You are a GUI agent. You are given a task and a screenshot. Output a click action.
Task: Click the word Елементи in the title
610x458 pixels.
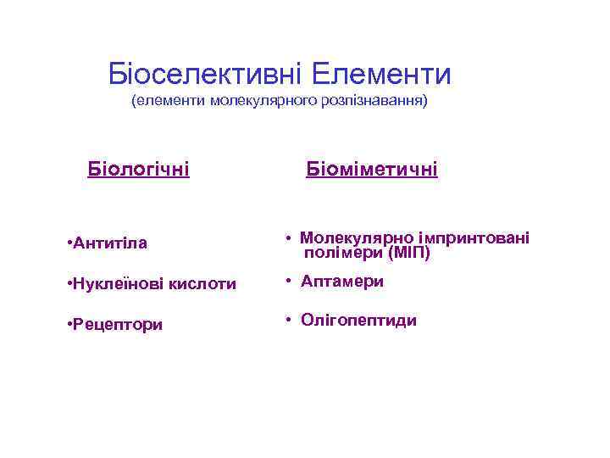380,75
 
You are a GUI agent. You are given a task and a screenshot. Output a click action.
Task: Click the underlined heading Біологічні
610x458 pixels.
138,170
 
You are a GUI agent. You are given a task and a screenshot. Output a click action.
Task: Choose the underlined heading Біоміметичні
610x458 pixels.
371,170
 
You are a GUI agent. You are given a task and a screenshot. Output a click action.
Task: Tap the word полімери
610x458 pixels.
343,253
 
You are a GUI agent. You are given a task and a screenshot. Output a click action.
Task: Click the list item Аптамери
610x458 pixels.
341,282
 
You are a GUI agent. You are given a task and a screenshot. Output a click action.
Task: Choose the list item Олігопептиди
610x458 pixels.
358,321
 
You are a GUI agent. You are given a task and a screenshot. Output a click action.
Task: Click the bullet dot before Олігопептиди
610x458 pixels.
289,321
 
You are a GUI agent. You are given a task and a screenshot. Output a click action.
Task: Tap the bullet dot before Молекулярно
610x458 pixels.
289,238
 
